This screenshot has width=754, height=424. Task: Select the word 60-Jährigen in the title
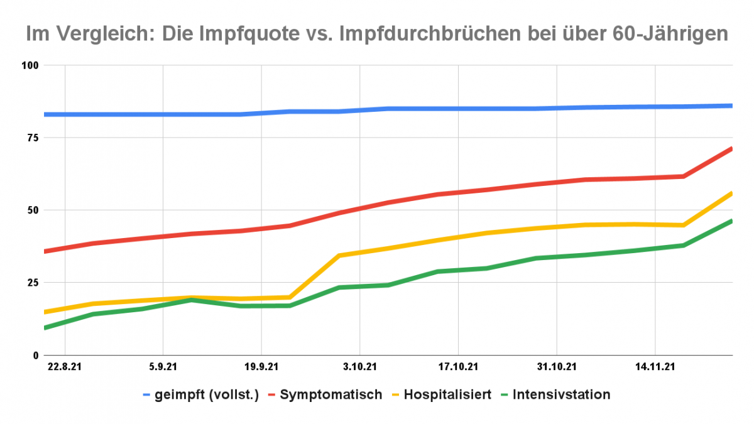pos(669,33)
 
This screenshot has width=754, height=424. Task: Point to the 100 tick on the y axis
pos(30,65)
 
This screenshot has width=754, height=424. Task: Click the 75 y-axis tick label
pos(33,138)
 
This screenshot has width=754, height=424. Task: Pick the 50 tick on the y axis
pos(33,210)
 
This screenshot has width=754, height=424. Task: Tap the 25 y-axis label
pos(33,283)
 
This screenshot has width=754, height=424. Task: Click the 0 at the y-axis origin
pos(36,356)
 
